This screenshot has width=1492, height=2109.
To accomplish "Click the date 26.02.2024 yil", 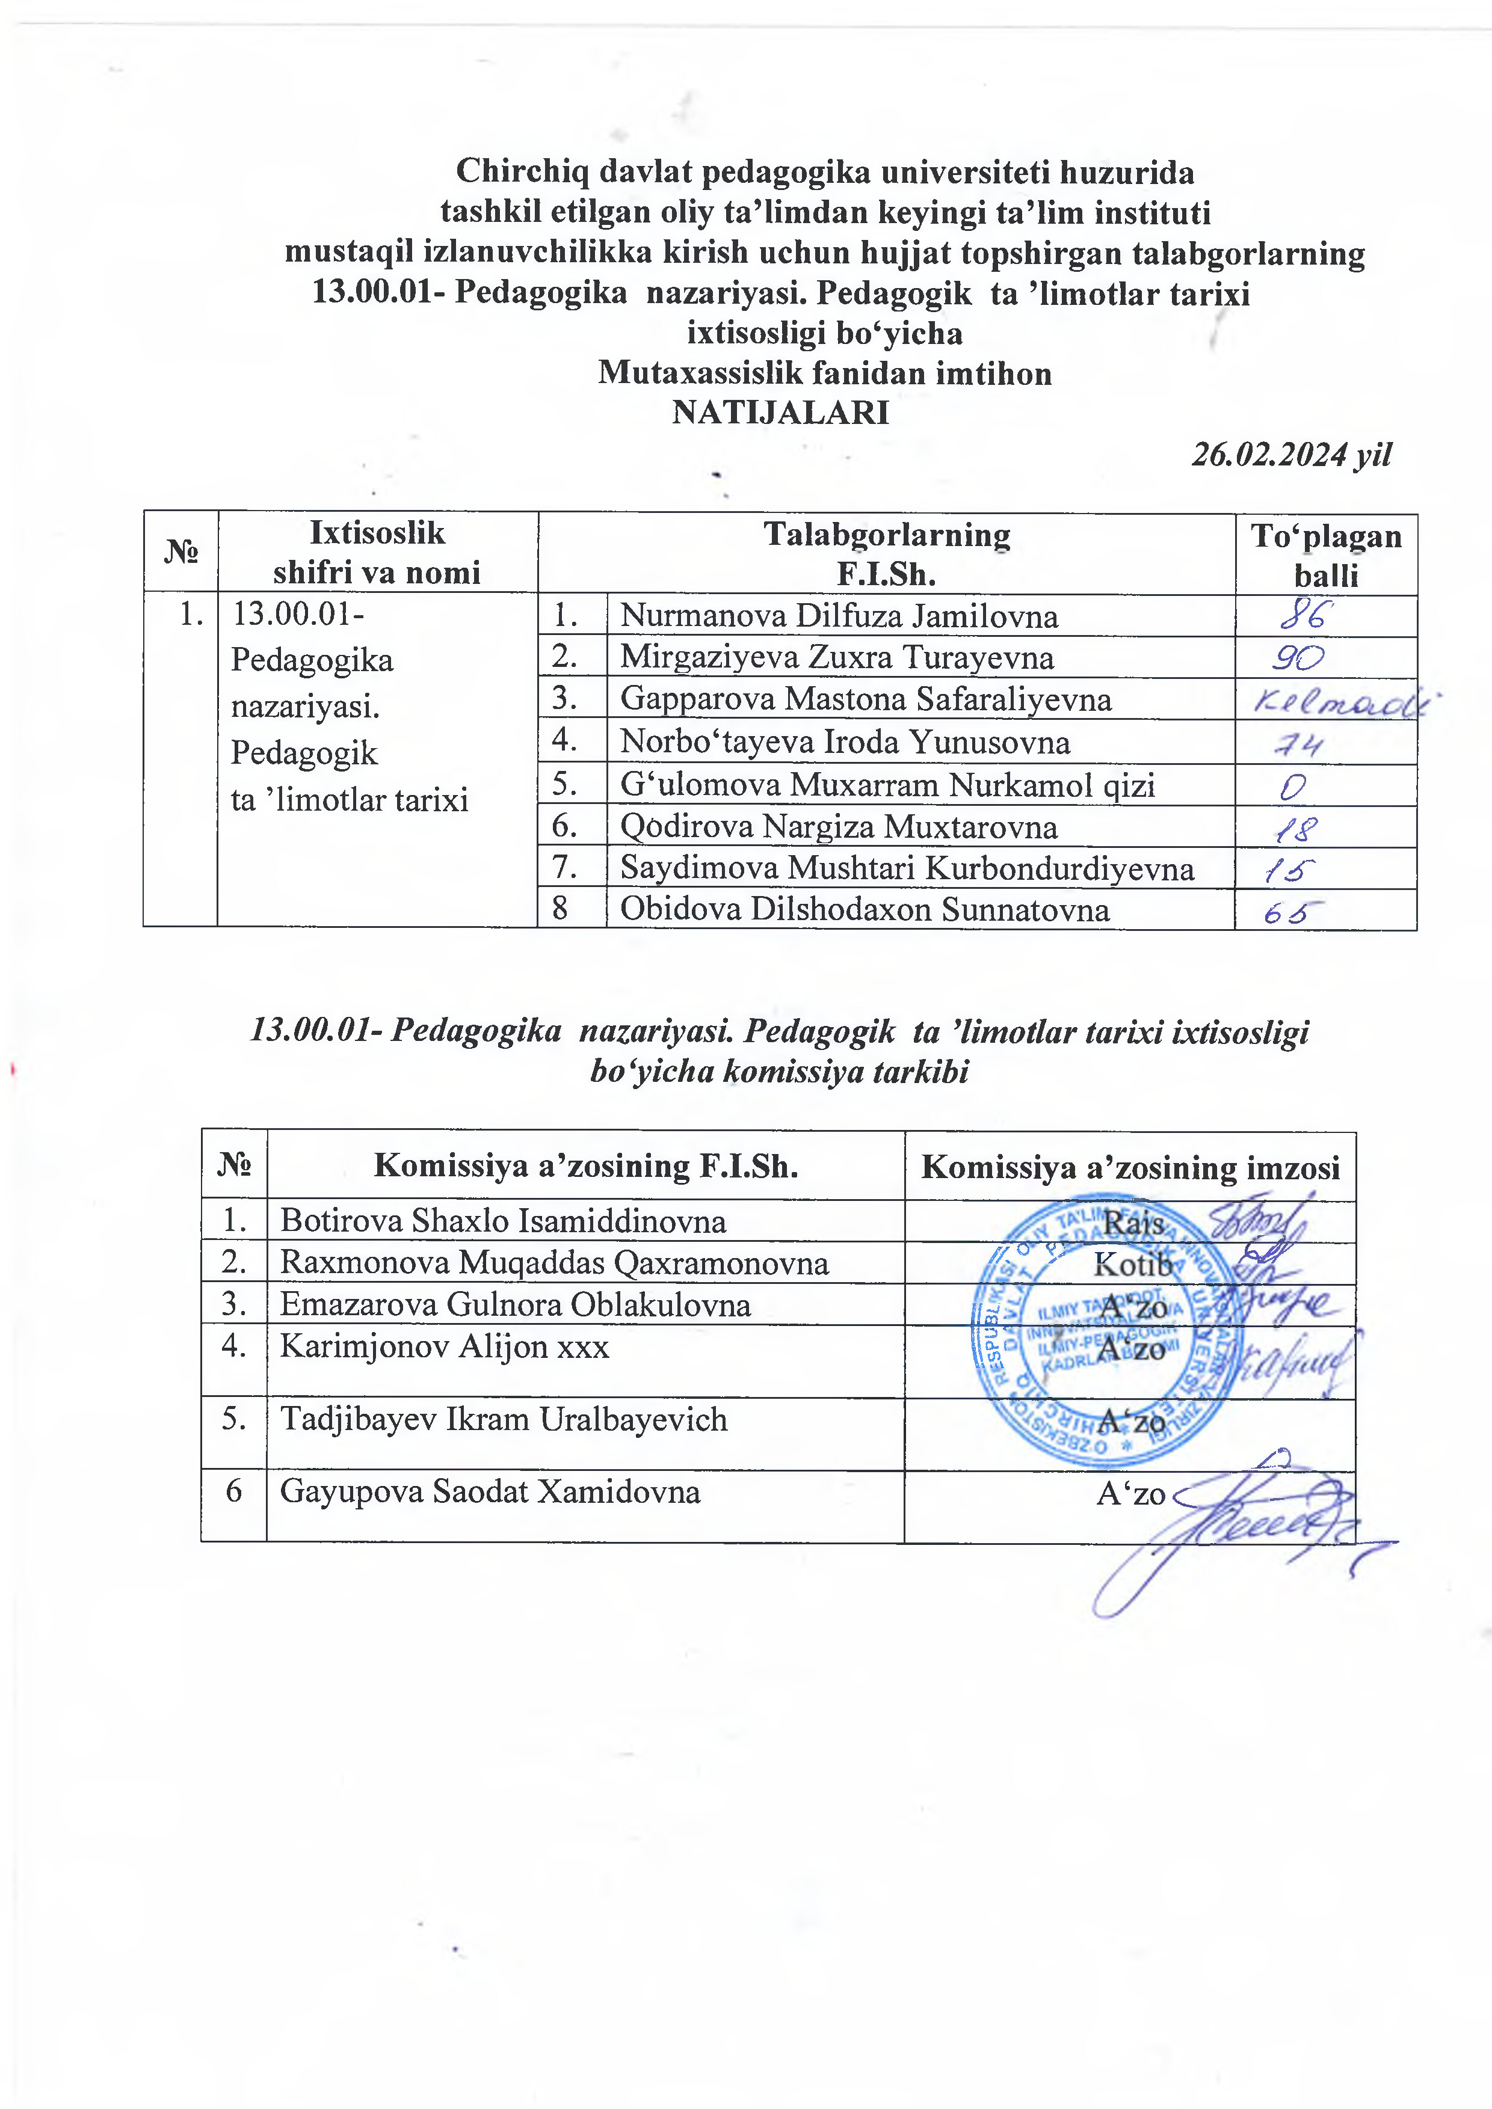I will [1291, 454].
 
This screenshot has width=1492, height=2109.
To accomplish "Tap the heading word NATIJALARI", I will [780, 413].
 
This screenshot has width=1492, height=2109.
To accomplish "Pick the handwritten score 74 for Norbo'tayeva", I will [1298, 743].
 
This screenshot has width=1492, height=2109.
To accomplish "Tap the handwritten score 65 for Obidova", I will [1293, 911].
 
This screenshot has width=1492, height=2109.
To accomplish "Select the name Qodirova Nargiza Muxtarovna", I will [838, 827].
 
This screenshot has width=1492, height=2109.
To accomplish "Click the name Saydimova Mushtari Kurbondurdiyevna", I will [907, 868].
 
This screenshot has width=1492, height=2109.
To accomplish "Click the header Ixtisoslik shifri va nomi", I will [377, 552].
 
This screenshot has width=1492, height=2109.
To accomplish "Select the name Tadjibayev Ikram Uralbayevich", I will [504, 1419].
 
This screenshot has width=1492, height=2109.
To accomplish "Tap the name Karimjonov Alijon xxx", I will [445, 1346].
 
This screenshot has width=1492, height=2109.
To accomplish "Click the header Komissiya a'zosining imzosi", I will [1130, 1167].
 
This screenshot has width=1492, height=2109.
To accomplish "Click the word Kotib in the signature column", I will [1133, 1265].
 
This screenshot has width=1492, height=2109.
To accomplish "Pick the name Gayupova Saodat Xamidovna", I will [490, 1491].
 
